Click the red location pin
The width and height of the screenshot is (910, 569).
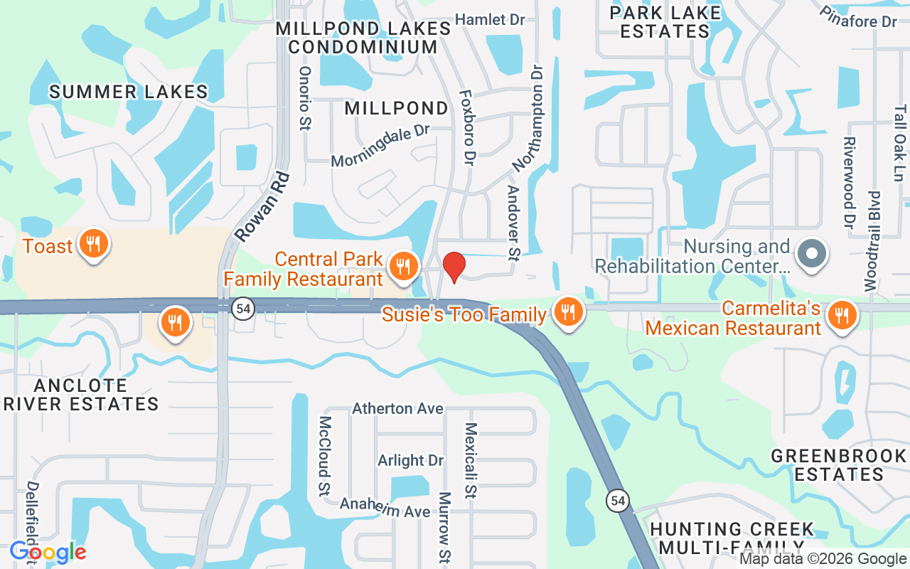coord(454,267)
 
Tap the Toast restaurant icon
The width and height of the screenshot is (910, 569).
coord(92,245)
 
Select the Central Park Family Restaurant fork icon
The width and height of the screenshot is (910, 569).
coord(403,267)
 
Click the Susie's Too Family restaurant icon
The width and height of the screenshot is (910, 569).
coord(567,312)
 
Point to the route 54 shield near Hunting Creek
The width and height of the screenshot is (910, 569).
coord(617,501)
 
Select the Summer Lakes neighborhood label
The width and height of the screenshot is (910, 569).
coord(129,92)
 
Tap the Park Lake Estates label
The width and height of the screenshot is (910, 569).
coord(665,22)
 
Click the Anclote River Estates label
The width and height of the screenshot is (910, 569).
coord(80,395)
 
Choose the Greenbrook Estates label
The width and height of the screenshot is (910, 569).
coord(839,464)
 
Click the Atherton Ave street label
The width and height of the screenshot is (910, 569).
coord(397,408)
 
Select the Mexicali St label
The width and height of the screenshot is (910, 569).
coord(470,460)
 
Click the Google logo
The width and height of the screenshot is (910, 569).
coord(48,551)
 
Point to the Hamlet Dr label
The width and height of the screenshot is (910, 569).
coord(489,19)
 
